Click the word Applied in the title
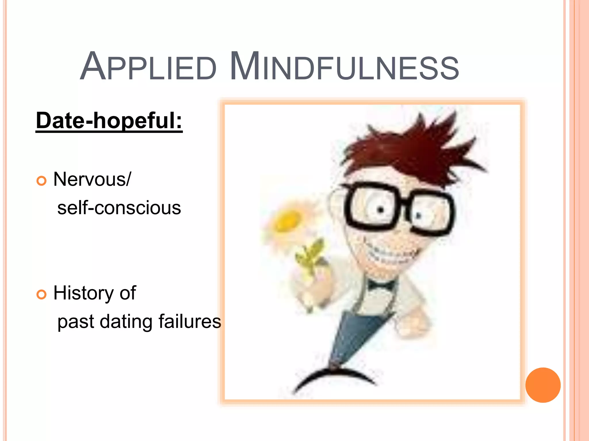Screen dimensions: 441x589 (x=148, y=67)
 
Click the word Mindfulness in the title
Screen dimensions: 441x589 (x=344, y=67)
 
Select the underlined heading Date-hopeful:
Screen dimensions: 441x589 (x=109, y=121)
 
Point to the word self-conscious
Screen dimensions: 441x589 (x=119, y=208)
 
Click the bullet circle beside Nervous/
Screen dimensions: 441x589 (x=41, y=181)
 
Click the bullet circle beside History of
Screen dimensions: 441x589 (x=41, y=295)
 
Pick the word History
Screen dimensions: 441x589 (x=83, y=293)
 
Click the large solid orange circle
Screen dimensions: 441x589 (x=543, y=385)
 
